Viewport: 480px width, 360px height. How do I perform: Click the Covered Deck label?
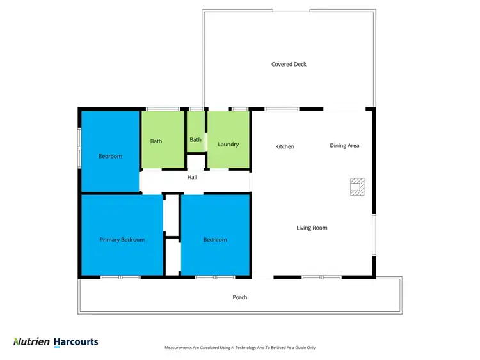pyautogui.click(x=289, y=64)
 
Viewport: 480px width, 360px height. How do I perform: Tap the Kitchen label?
pyautogui.click(x=285, y=146)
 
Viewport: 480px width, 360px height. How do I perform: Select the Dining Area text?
pyautogui.click(x=344, y=145)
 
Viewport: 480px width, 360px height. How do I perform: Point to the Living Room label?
pyautogui.click(x=312, y=228)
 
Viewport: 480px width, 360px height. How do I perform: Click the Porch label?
pyautogui.click(x=239, y=297)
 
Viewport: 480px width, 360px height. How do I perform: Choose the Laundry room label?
pyautogui.click(x=228, y=145)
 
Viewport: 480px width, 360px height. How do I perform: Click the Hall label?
pyautogui.click(x=192, y=177)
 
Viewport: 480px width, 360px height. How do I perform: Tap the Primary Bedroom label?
pyautogui.click(x=122, y=240)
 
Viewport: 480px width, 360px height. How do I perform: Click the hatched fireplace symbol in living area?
pyautogui.click(x=356, y=185)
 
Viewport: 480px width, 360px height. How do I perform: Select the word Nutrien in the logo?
pyautogui.click(x=31, y=342)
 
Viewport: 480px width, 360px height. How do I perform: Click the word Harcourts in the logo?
pyautogui.click(x=76, y=342)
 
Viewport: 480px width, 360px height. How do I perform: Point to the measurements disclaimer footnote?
pyautogui.click(x=239, y=348)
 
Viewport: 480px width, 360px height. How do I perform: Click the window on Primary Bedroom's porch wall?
pyautogui.click(x=120, y=278)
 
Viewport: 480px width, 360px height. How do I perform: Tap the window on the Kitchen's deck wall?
pyautogui.click(x=282, y=109)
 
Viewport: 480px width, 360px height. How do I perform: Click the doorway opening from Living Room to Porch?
pyautogui.click(x=262, y=278)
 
